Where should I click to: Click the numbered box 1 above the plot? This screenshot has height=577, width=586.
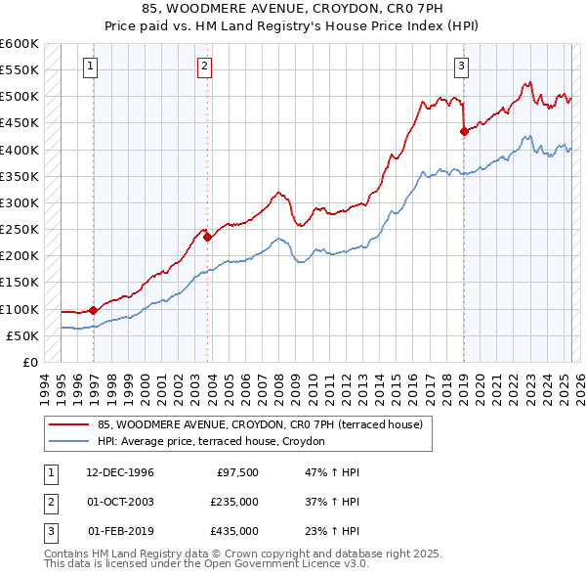click(90, 67)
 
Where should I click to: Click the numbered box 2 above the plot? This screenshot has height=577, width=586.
click(204, 67)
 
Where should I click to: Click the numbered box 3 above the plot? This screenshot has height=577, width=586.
click(460, 67)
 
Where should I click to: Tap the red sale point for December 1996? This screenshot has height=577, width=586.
click(94, 310)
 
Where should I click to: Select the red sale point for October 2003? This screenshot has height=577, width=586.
click(208, 237)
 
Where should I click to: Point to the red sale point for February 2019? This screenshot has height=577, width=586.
click(464, 132)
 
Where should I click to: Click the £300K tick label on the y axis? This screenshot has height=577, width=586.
click(20, 202)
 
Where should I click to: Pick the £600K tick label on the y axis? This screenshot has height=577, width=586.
click(20, 44)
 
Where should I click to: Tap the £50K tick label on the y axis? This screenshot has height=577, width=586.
click(23, 335)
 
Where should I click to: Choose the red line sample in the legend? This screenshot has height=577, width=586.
click(70, 424)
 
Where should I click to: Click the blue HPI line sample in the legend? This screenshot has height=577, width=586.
click(70, 442)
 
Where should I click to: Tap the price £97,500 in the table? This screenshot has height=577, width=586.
click(236, 472)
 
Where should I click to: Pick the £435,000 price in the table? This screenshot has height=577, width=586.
click(234, 531)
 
